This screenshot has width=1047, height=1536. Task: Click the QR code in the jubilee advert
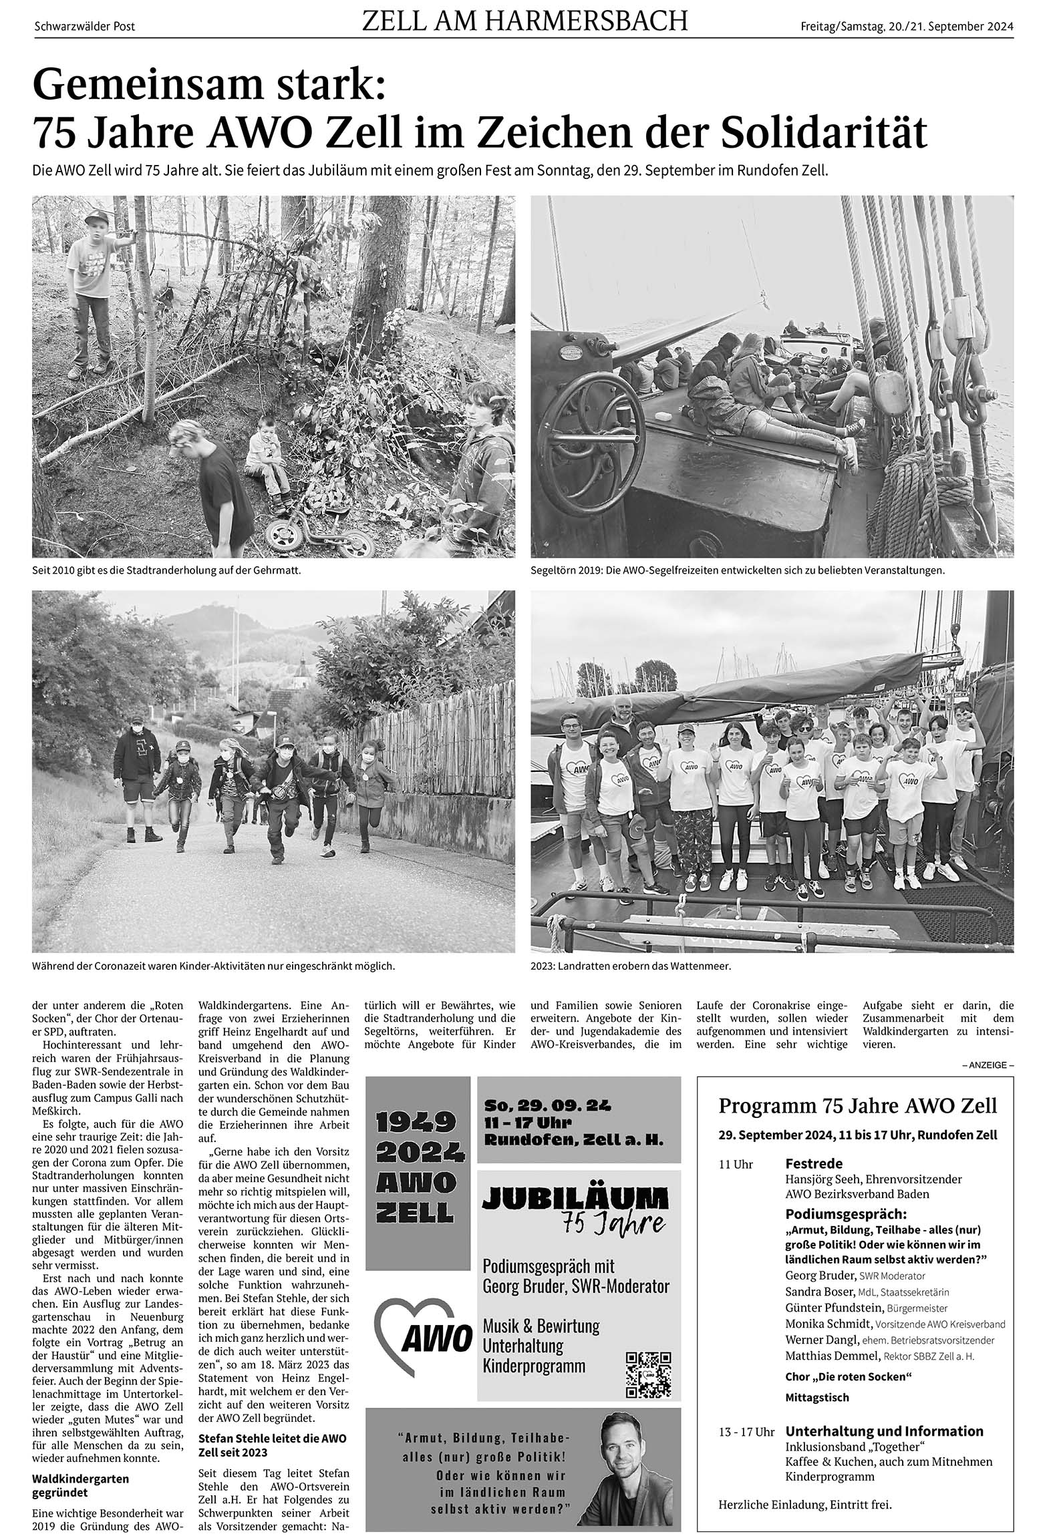tap(647, 1355)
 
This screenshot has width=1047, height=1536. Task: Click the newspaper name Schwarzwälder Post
tap(84, 27)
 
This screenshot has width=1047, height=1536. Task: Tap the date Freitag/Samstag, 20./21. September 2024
tap(907, 27)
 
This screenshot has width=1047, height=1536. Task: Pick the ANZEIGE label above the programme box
tap(988, 1065)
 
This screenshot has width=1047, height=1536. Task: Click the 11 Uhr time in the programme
tap(736, 1165)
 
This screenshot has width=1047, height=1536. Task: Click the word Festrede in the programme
tap(814, 1163)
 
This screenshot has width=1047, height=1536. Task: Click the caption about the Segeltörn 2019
tap(738, 571)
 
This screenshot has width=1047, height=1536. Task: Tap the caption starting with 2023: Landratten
tap(631, 966)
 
